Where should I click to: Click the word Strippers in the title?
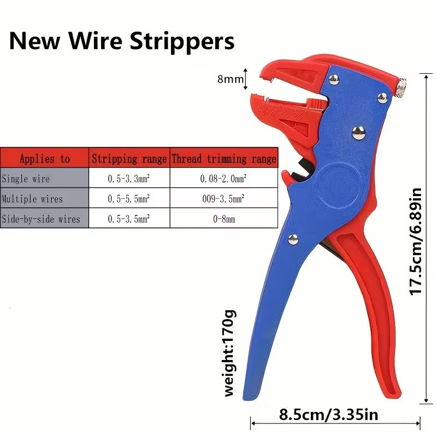click(x=182, y=42)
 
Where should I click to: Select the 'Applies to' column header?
click(x=45, y=158)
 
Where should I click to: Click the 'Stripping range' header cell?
click(x=129, y=158)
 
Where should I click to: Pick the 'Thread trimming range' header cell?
click(x=224, y=158)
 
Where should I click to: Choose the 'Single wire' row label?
click(x=26, y=179)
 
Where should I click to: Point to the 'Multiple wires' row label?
click(x=32, y=199)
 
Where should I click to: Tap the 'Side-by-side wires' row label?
click(x=41, y=219)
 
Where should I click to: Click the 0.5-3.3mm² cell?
click(x=129, y=179)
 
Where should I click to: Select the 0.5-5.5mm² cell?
click(x=129, y=199)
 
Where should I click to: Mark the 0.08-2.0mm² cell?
click(x=223, y=179)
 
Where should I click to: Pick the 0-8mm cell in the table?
click(x=224, y=219)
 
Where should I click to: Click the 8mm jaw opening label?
click(x=231, y=79)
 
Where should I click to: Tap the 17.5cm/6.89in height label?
click(x=416, y=241)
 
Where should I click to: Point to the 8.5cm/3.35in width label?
click(x=329, y=415)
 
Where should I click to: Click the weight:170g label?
click(x=230, y=353)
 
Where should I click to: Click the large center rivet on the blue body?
click(x=358, y=133)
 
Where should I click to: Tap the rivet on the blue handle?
click(x=293, y=239)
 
